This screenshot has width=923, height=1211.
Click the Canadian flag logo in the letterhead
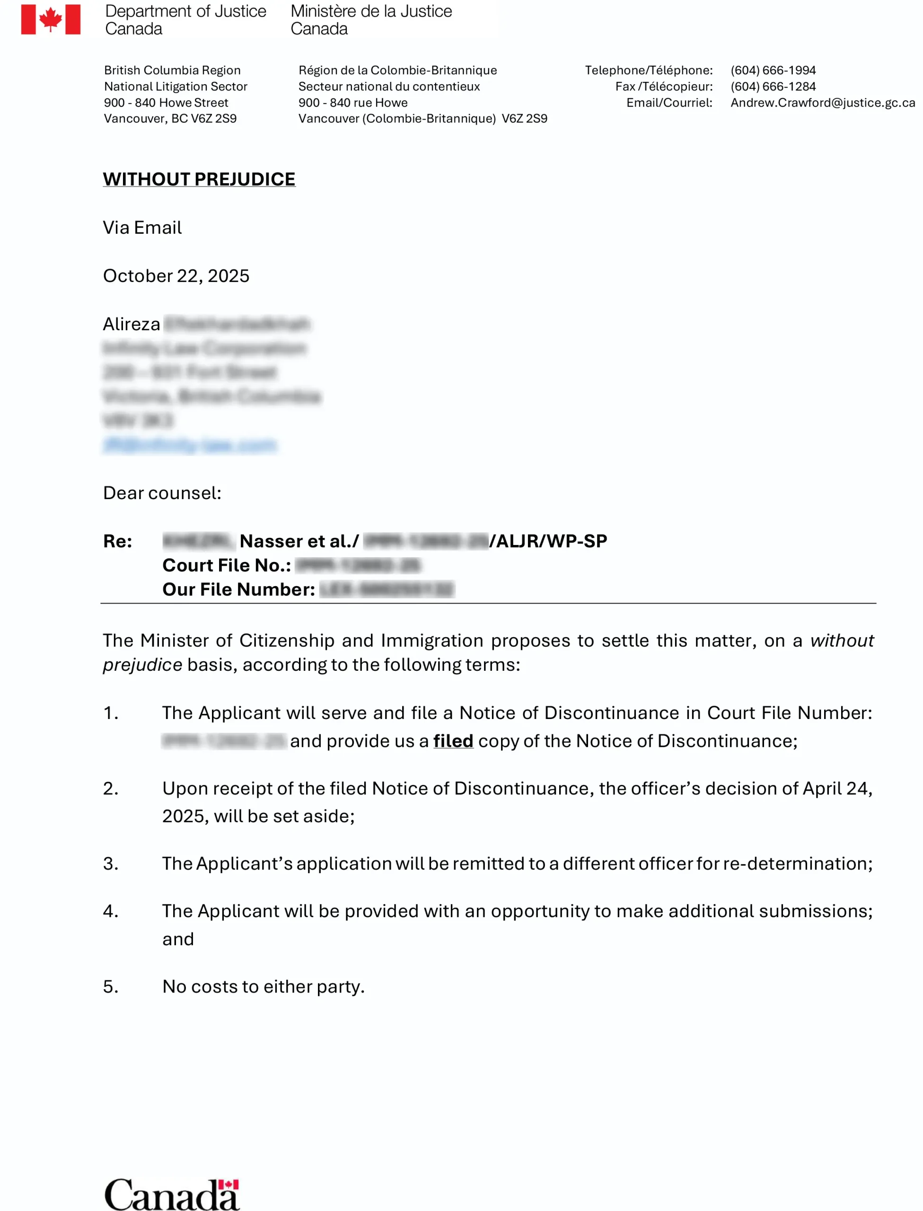point(51,20)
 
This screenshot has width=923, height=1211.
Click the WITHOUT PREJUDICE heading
point(199,179)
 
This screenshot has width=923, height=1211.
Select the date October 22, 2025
point(176,276)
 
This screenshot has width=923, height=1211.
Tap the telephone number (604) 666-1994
point(773,70)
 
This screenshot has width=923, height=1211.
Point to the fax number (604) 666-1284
point(773,86)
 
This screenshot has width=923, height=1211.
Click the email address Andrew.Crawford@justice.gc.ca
point(822,103)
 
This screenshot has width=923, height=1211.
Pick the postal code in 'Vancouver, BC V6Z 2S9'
point(213,119)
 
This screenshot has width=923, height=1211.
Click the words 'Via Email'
point(142,228)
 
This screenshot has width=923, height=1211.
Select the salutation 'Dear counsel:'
point(162,492)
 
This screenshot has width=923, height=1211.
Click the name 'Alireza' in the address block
point(132,324)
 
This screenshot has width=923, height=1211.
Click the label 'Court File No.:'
point(226,565)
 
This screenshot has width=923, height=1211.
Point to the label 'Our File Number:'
point(238,589)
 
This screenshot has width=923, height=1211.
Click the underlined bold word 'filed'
point(453,741)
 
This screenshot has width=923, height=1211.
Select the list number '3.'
point(110,863)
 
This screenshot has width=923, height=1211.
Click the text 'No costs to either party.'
point(263,986)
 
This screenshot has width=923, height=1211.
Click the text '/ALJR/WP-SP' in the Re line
point(548,541)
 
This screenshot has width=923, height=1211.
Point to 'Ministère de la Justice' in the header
point(371,11)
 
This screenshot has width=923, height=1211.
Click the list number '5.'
point(110,986)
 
